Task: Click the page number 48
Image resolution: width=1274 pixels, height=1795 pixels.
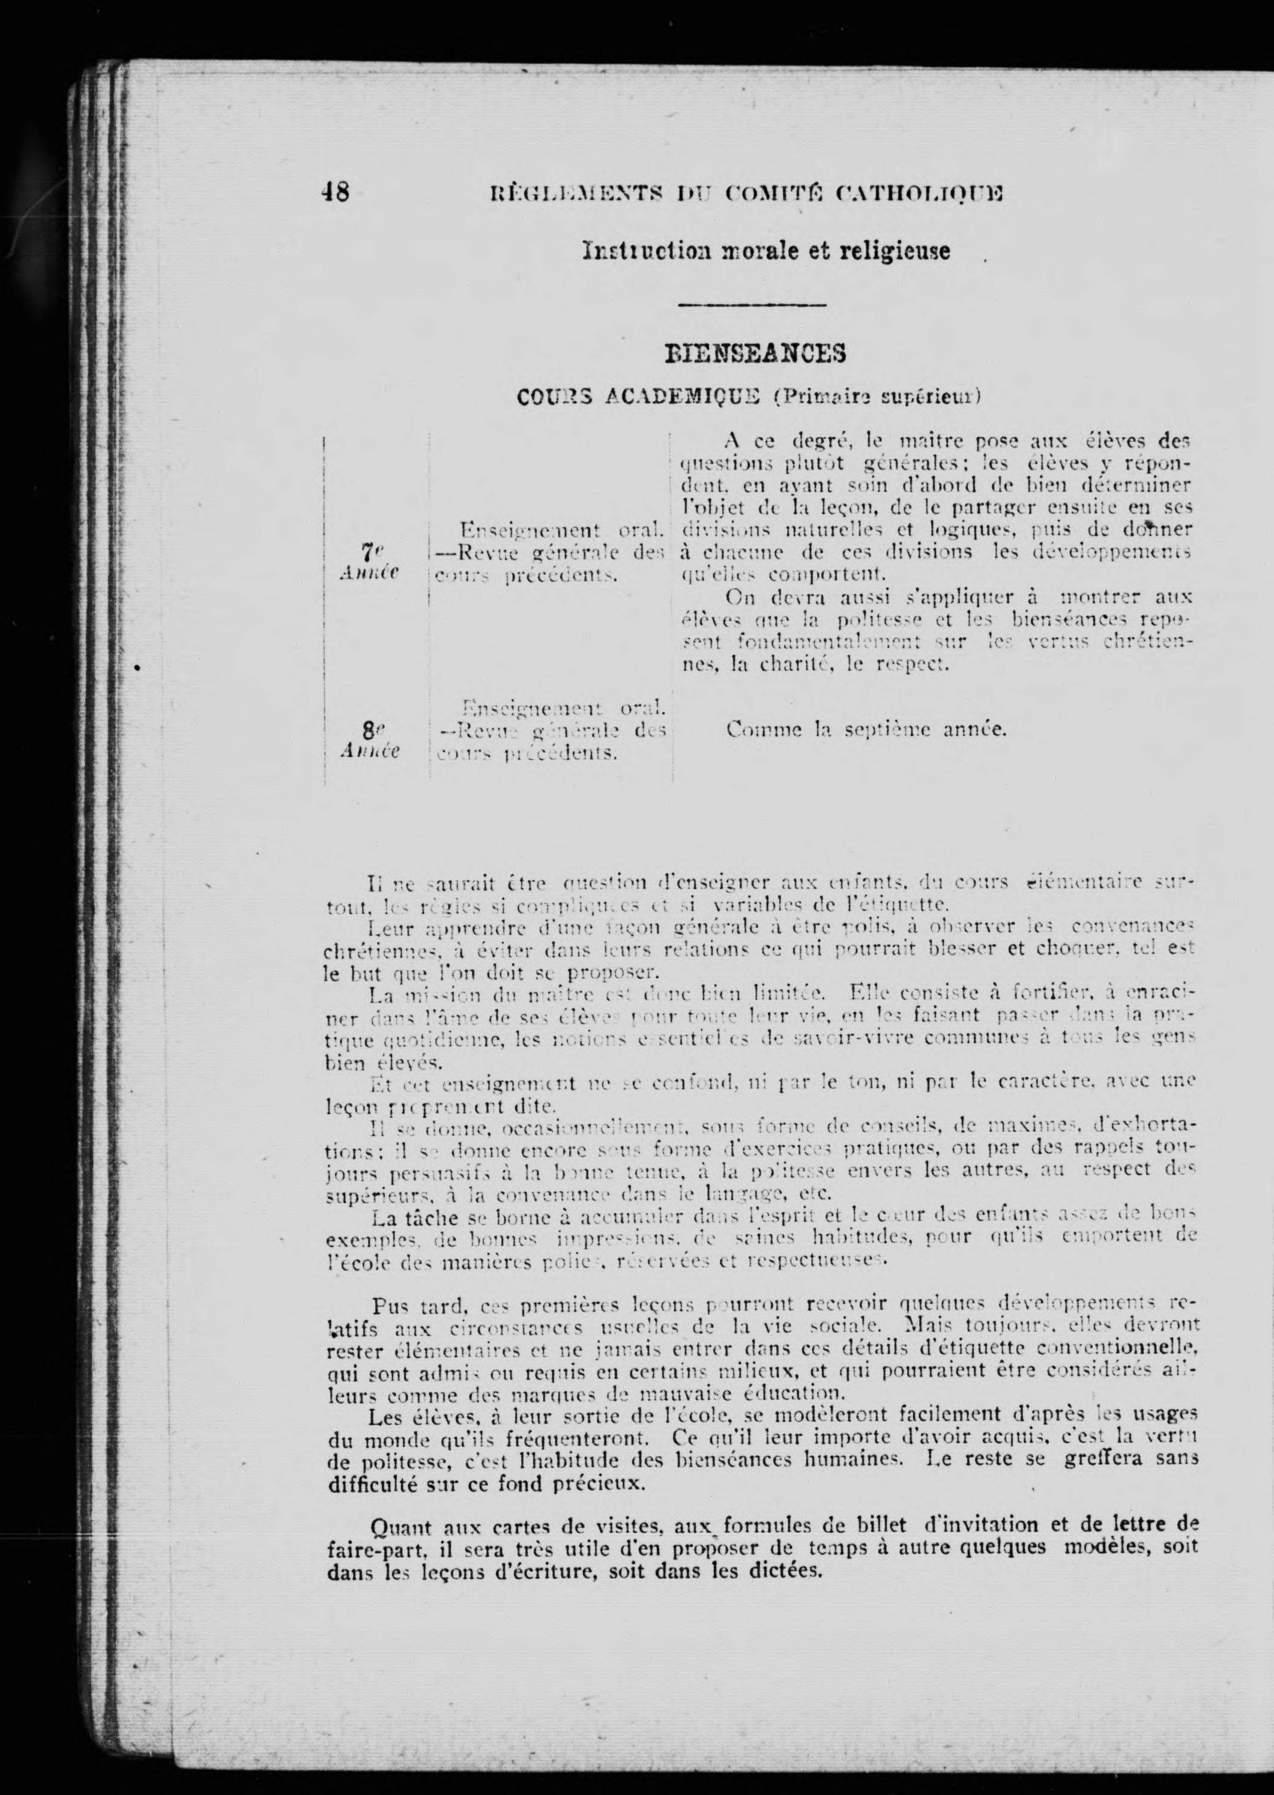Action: click(335, 192)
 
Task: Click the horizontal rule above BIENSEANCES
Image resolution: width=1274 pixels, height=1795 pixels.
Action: click(750, 304)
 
